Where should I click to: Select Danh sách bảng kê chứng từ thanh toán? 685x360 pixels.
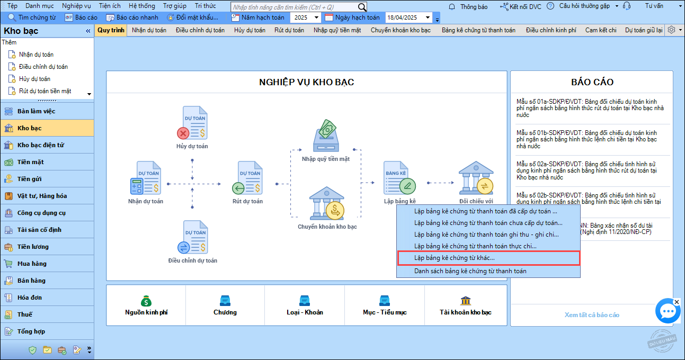[470, 271]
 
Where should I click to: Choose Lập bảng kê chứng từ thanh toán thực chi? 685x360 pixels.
[476, 246]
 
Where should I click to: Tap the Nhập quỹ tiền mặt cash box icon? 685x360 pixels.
[326, 136]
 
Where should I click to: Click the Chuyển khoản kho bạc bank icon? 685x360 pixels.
[327, 203]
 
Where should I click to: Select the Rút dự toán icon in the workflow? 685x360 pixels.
[247, 178]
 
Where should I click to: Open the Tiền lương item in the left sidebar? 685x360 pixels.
[33, 247]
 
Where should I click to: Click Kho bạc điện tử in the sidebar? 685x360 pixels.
[41, 145]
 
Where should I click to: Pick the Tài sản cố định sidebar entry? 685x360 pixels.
[39, 230]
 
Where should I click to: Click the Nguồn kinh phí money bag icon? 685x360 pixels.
[146, 301]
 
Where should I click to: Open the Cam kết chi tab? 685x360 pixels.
[601, 30]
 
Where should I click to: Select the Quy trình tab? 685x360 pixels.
[111, 30]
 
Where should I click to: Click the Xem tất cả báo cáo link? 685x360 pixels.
[592, 315]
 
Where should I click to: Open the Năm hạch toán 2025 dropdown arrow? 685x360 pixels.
[316, 17]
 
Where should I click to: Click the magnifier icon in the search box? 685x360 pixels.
[362, 7]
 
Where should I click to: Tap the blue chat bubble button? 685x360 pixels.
[668, 311]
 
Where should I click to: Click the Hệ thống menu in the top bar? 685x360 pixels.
[142, 6]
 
